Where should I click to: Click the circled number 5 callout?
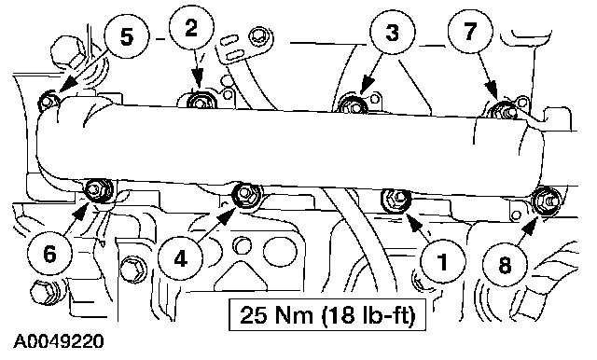pyautogui.click(x=126, y=36)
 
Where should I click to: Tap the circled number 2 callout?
pyautogui.click(x=192, y=28)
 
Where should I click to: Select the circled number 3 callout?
pyautogui.click(x=393, y=32)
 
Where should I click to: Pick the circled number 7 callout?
pyautogui.click(x=470, y=31)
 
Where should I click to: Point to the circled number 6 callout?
pyautogui.click(x=49, y=254)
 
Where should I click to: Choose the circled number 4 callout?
pyautogui.click(x=180, y=259)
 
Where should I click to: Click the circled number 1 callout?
pyautogui.click(x=443, y=262)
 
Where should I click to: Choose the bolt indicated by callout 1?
pyautogui.click(x=396, y=199)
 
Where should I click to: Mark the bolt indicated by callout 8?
pyautogui.click(x=545, y=200)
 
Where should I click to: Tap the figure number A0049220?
pyautogui.click(x=58, y=341)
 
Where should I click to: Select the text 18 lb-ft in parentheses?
pyautogui.click(x=368, y=315)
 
